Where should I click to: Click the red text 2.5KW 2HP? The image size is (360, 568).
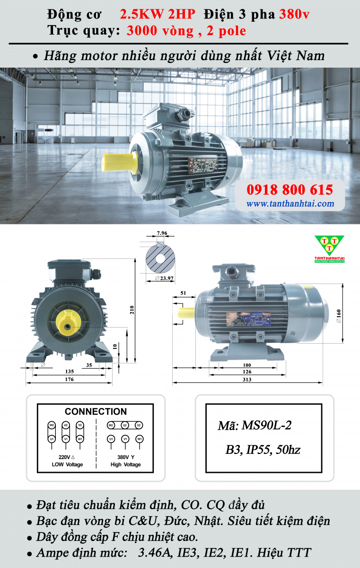point(157,14)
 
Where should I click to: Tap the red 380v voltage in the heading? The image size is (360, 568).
point(294,14)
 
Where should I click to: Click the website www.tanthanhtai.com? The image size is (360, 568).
point(290,204)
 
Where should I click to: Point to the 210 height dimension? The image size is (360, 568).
point(132,310)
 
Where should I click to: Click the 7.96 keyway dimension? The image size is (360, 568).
point(162,233)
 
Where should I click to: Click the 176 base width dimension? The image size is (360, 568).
point(69,379)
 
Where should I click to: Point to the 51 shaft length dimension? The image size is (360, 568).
point(183,293)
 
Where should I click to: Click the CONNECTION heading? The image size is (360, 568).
point(96,411)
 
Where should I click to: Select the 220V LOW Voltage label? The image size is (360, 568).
point(67,461)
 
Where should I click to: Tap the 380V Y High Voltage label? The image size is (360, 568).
point(125,461)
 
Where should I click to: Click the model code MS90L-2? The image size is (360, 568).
point(255,425)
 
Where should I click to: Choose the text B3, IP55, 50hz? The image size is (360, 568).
point(263,449)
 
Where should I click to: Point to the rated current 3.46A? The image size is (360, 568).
point(154,552)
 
